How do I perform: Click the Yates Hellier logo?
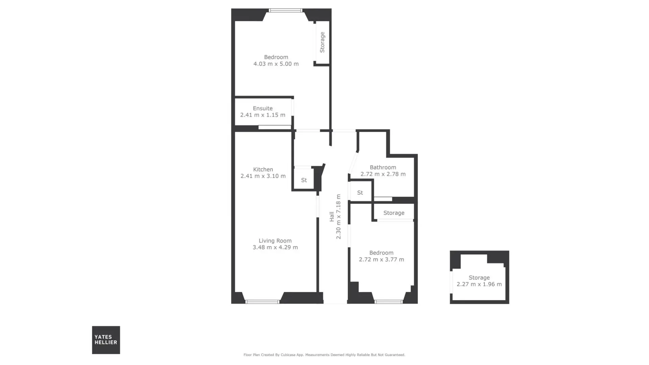click(106, 340)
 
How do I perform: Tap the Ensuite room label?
click(263, 108)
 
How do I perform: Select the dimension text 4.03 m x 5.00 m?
click(276, 64)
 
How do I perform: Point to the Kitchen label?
click(263, 169)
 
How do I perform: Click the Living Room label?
click(275, 241)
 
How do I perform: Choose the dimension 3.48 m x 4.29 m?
click(275, 247)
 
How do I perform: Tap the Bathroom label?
click(383, 167)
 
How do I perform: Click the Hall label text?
click(332, 217)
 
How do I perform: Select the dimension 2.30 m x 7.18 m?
click(338, 217)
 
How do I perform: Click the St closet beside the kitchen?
click(304, 180)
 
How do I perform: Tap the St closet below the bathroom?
click(360, 193)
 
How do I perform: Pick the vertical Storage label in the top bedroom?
click(322, 42)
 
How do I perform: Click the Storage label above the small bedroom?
click(394, 213)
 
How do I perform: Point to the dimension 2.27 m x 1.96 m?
click(479, 284)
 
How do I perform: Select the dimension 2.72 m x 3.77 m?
click(381, 259)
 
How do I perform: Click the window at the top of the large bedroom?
click(286, 10)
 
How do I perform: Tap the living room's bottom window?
click(262, 302)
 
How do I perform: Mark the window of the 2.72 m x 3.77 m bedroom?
click(389, 302)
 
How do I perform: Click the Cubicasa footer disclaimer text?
click(324, 355)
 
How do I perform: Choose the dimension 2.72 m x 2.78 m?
click(383, 174)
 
